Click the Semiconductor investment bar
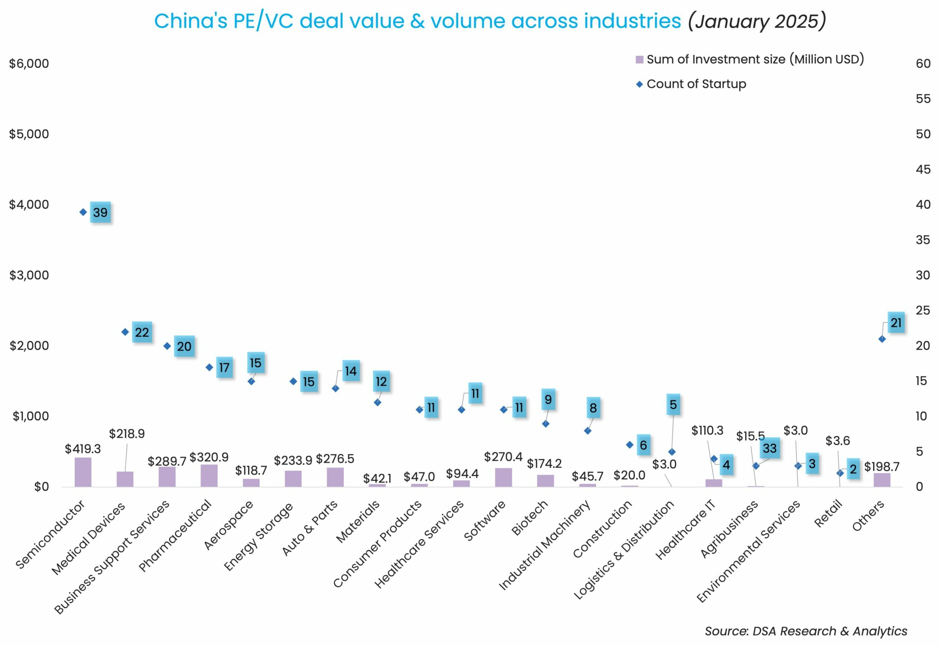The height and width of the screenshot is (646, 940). [83, 472]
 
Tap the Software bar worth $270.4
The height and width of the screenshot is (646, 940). [504, 477]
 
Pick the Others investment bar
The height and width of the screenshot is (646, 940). [882, 480]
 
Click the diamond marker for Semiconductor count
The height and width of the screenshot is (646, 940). [83, 212]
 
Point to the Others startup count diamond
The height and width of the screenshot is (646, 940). [882, 339]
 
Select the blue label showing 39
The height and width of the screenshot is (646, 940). [100, 213]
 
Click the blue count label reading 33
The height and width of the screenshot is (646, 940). [770, 448]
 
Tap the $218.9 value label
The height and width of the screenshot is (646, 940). [127, 434]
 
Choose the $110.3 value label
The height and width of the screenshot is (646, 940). [707, 430]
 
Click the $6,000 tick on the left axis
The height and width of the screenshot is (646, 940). [29, 63]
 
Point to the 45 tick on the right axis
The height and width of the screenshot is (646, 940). [923, 169]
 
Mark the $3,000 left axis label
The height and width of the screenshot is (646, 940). [29, 275]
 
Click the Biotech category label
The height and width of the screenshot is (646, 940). [530, 518]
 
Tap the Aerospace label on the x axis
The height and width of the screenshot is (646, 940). [229, 525]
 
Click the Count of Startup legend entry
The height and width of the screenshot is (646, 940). [696, 84]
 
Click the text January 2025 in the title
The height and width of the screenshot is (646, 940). [756, 21]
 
